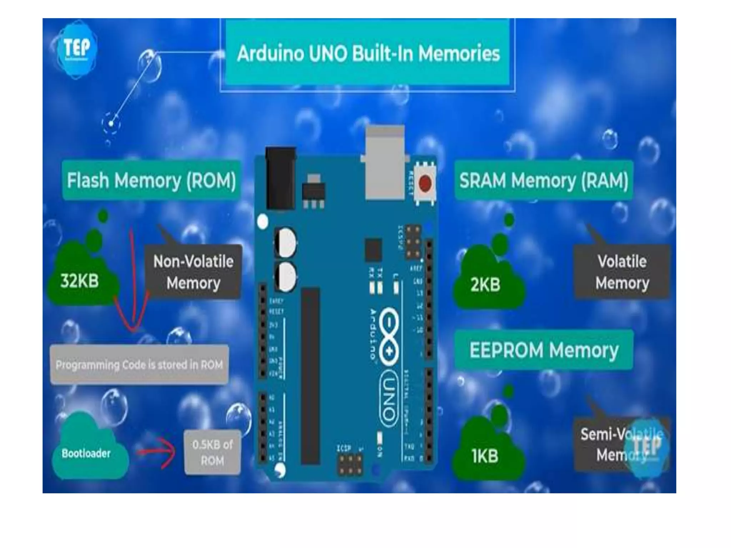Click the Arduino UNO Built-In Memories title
pyautogui.click(x=368, y=54)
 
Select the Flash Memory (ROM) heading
pyautogui.click(x=151, y=180)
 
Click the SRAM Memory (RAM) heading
pyautogui.click(x=543, y=180)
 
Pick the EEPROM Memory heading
pyautogui.click(x=543, y=350)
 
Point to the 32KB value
pyautogui.click(x=80, y=281)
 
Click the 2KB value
pyautogui.click(x=485, y=284)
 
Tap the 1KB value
pyautogui.click(x=485, y=456)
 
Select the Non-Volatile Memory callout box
pyautogui.click(x=193, y=272)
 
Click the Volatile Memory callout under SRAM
pyautogui.click(x=622, y=272)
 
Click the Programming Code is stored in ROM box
pyautogui.click(x=139, y=365)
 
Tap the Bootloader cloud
pyautogui.click(x=86, y=453)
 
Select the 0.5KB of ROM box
pyautogui.click(x=212, y=452)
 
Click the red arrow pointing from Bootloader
pyautogui.click(x=157, y=452)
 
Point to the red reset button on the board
pyautogui.click(x=425, y=183)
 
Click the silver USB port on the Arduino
pyautogui.click(x=385, y=162)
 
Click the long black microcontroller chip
pyautogui.click(x=311, y=376)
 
